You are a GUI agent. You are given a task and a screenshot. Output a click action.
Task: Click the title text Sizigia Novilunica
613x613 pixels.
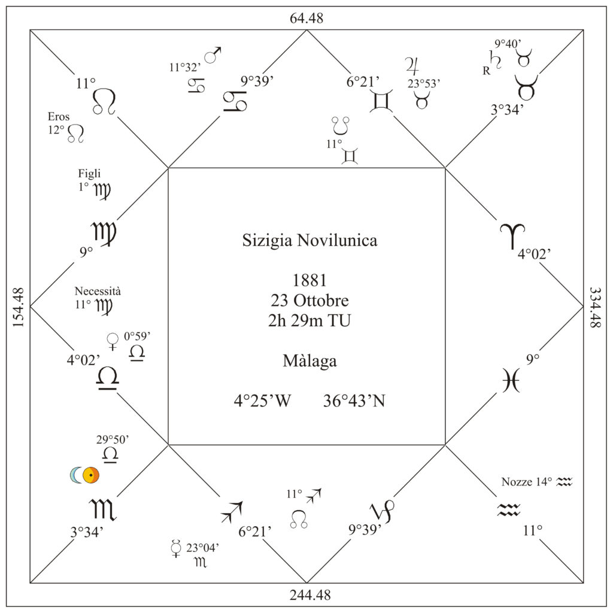pos(309,241)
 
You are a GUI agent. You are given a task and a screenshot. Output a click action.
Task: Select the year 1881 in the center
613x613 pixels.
pos(309,280)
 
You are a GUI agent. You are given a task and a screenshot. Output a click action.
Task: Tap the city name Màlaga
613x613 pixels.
pos(309,360)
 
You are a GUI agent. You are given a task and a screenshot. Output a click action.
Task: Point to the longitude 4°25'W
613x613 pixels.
pos(262,400)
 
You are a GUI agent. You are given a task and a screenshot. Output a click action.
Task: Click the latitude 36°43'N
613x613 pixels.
pos(354,400)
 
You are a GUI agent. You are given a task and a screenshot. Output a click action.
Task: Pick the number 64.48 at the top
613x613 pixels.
pos(306,18)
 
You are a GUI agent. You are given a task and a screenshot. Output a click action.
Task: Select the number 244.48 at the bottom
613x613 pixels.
pos(310,595)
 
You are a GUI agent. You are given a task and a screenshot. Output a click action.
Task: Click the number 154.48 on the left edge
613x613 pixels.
pos(18,308)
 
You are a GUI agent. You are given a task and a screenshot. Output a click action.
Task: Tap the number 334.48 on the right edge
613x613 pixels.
pos(594,308)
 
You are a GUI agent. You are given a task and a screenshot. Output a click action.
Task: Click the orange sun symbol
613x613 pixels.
pos(91,475)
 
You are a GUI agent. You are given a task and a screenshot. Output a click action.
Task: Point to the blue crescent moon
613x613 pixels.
pos(75,475)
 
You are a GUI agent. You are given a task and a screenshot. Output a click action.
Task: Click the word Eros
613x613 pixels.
pos(59,117)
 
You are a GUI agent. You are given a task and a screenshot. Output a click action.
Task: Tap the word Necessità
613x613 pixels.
pos(98,292)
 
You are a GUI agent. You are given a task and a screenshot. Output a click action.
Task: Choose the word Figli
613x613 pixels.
pos(89,174)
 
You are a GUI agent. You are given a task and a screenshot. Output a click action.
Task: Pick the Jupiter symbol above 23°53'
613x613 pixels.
pos(412,66)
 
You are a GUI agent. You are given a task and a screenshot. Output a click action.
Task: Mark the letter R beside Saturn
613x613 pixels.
pos(486,71)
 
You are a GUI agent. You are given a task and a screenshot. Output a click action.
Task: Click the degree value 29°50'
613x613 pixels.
pos(113,440)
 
